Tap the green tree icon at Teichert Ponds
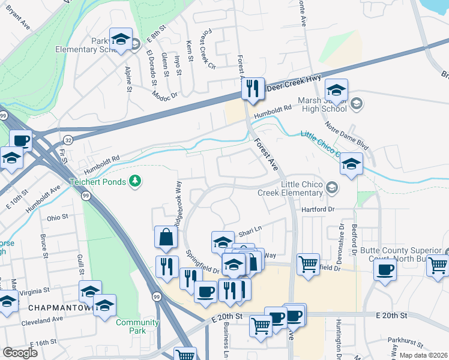[x=136, y=181]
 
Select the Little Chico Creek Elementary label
[x=291, y=188]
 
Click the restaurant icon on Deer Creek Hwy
[x=252, y=89]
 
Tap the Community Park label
[x=137, y=326]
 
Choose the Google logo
[x=20, y=352]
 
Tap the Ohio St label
[x=59, y=217]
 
